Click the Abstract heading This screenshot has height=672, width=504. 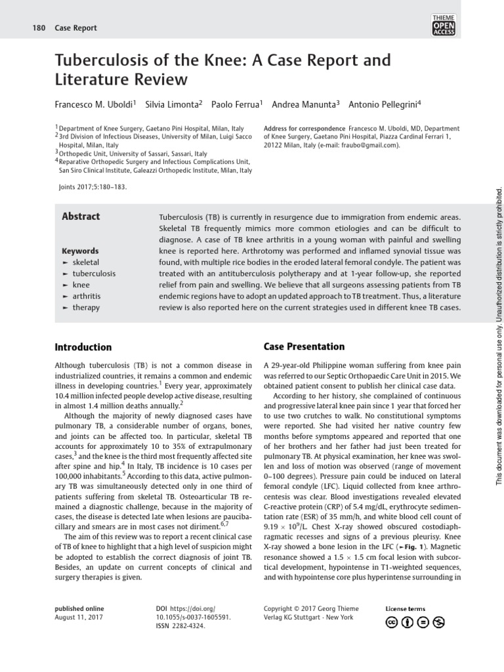(x=81, y=217)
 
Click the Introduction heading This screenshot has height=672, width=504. (x=83, y=347)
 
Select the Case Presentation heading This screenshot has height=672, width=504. (x=295, y=346)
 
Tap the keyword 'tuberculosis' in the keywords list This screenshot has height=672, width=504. (x=94, y=274)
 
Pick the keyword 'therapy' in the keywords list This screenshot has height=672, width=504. (x=86, y=307)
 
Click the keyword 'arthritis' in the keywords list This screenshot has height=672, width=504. (x=87, y=296)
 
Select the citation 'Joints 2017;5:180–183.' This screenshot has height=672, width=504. (x=93, y=186)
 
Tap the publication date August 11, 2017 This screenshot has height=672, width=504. (x=79, y=618)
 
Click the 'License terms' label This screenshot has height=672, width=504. (x=405, y=609)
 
